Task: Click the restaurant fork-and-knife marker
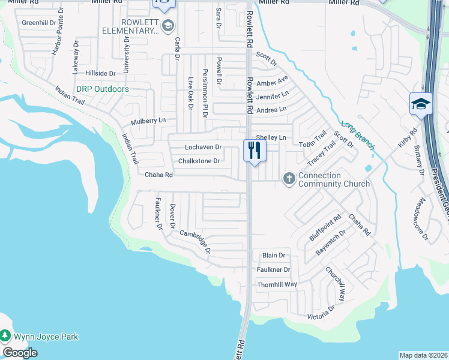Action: click(x=255, y=150)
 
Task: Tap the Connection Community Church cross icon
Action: click(x=289, y=178)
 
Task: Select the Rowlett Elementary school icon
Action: click(x=168, y=25)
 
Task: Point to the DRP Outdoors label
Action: click(x=103, y=89)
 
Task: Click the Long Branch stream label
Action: click(x=355, y=133)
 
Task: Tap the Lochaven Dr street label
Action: click(x=203, y=147)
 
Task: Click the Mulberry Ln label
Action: click(x=148, y=121)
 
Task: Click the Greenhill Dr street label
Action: click(x=38, y=22)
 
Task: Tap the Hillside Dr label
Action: click(x=100, y=73)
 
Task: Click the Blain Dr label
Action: click(x=273, y=256)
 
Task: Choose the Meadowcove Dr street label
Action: click(x=424, y=219)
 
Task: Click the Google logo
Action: click(x=20, y=353)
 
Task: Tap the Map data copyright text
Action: click(x=424, y=355)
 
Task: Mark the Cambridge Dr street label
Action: click(x=195, y=241)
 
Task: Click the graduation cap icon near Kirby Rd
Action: click(x=421, y=103)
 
